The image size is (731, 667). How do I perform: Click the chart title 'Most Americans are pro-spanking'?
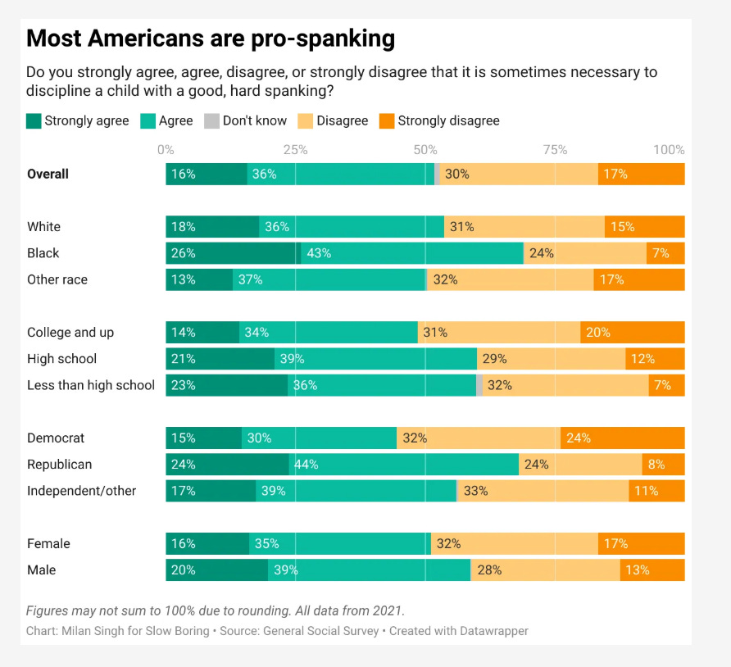[x=211, y=39]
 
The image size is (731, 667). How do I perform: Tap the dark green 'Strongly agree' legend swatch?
[x=34, y=121]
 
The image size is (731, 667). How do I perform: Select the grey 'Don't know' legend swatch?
[x=212, y=121]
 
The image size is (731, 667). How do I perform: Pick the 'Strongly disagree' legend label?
[x=448, y=121]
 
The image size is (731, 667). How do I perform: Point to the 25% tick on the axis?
[x=295, y=150]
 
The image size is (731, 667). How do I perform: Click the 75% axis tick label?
[x=555, y=150]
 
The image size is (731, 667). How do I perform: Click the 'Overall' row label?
[x=48, y=174]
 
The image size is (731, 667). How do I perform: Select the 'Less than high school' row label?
[x=91, y=385]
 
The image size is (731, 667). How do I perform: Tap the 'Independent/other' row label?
[x=81, y=491]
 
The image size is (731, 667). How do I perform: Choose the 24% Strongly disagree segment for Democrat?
[x=622, y=438]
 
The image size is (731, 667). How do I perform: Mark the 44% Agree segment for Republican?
[x=404, y=465]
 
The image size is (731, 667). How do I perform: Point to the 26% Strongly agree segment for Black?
[x=233, y=253]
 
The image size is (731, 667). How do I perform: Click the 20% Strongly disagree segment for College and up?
[x=632, y=333]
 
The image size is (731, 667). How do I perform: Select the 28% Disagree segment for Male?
[x=545, y=570]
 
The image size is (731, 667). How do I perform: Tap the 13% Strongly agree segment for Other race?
[x=199, y=279]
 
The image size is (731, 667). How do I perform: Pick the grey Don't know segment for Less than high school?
[x=479, y=385]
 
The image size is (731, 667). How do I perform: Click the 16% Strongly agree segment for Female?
[x=207, y=543]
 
